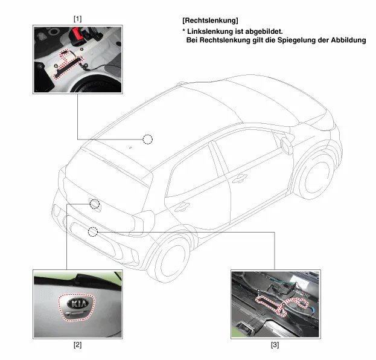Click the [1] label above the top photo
(x=77, y=19)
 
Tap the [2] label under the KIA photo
(x=77, y=345)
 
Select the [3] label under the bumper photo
(x=275, y=345)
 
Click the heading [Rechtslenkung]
(x=210, y=21)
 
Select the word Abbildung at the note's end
(x=348, y=40)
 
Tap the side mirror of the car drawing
(x=287, y=146)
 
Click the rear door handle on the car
(x=182, y=207)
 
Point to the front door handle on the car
(x=239, y=178)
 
